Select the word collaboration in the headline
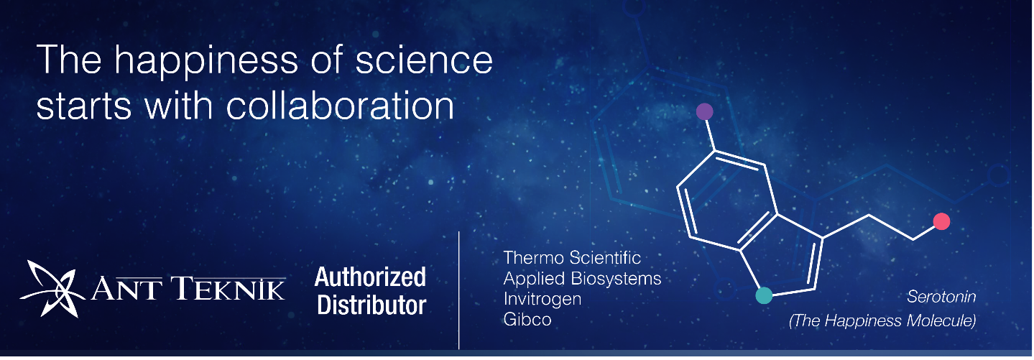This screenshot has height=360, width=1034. [340, 105]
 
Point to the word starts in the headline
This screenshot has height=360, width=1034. [84, 106]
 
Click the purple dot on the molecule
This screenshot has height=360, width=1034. [704, 111]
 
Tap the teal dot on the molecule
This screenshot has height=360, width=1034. [764, 295]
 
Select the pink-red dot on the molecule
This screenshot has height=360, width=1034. [941, 221]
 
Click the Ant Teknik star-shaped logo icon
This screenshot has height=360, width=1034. [52, 289]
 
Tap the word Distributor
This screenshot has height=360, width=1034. [371, 305]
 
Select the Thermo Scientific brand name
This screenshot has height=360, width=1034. [572, 257]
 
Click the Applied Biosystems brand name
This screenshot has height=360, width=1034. [582, 279]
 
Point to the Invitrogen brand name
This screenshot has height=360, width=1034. [543, 299]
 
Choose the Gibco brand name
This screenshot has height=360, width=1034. [527, 319]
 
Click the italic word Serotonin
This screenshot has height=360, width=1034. [941, 297]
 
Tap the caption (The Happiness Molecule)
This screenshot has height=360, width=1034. [882, 320]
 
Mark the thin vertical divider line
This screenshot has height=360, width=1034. [459, 290]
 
